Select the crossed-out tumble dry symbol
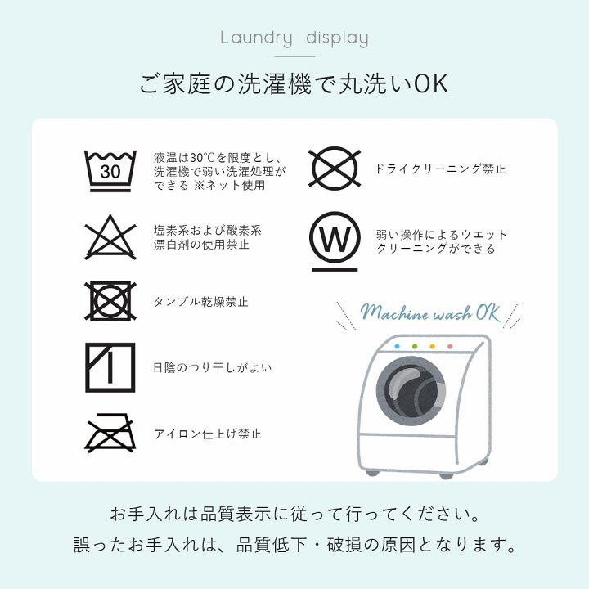(110, 301)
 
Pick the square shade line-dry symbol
(110, 367)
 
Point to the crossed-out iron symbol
(110, 434)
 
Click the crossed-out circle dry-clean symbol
(335, 169)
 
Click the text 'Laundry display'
(294, 38)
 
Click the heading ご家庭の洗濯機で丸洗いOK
(294, 85)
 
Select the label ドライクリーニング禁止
(440, 169)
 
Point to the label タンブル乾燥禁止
(201, 302)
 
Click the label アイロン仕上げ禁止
(208, 434)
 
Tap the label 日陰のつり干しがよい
(213, 368)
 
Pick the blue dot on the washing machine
(397, 346)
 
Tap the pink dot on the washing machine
(449, 347)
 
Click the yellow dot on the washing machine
(432, 347)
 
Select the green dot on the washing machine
(415, 347)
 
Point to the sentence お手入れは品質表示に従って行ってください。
(294, 515)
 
